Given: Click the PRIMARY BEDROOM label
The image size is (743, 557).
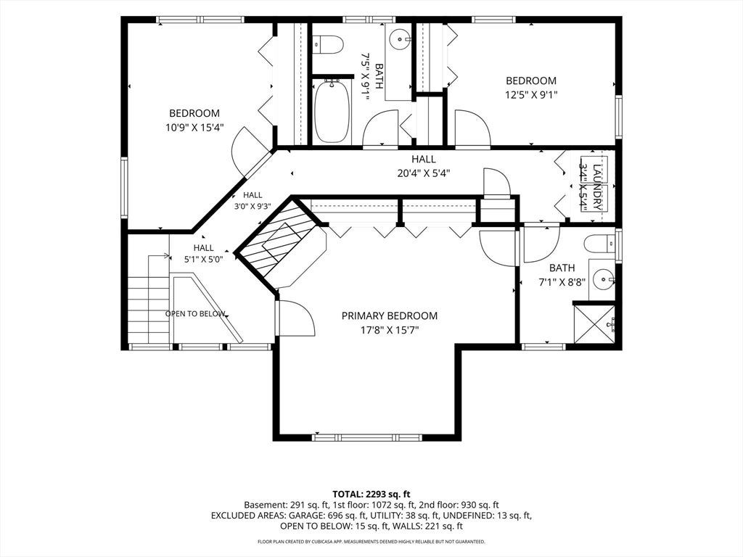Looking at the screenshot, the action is point(390,316).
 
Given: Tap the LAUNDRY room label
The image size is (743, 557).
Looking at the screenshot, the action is point(597,187).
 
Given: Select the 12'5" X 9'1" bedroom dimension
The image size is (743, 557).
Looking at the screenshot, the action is point(530,95).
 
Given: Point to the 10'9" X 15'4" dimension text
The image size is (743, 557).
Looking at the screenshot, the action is point(194,128).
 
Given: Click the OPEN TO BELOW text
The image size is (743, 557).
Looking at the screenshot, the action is point(194,313).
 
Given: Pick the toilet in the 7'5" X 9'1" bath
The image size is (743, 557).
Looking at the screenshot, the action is point(329,44).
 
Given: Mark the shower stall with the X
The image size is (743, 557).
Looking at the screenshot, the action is point(594,324).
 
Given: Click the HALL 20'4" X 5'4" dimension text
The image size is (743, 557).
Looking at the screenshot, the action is point(424,173).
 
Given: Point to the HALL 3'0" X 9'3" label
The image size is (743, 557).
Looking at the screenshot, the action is point(253,201).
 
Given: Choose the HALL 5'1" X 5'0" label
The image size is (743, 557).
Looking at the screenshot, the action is point(203,253).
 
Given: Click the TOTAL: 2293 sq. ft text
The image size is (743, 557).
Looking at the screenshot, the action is point(371,495).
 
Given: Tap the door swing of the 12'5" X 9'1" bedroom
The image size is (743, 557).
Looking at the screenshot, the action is point(472,128).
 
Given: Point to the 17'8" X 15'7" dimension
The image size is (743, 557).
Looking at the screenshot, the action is point(390,330).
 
